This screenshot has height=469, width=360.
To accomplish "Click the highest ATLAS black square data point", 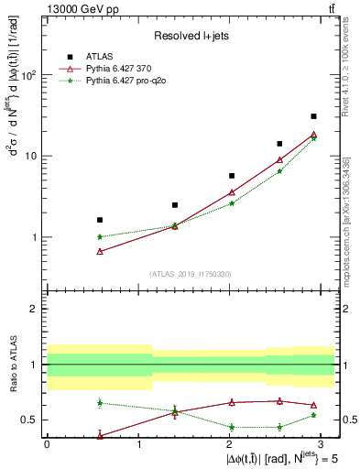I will tap(313, 116).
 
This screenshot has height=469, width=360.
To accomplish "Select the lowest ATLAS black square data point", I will tap(99, 220).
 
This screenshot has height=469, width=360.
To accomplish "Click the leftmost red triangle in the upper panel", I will tap(99, 251).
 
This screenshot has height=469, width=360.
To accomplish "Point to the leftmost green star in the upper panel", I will tap(99, 236).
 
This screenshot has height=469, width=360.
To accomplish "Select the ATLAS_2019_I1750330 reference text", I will tap(191, 274).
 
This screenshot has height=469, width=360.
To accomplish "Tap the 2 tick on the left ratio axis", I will tap(35, 309).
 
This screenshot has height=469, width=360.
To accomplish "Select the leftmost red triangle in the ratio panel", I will tap(99, 436).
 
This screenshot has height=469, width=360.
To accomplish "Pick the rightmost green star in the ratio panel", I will tap(313, 415).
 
